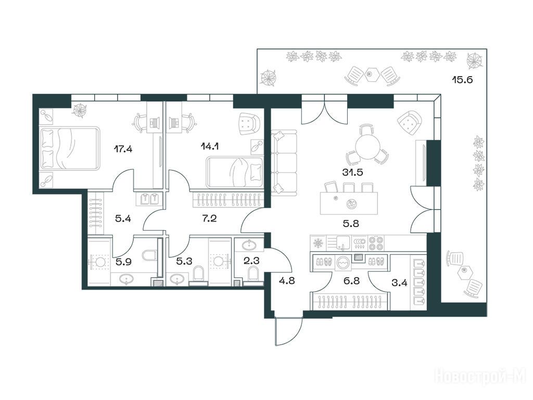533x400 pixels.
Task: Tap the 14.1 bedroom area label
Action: point(210,146)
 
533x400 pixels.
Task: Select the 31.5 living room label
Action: point(352,172)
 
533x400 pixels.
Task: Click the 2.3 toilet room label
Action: point(252,261)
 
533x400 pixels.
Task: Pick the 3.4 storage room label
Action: point(399,283)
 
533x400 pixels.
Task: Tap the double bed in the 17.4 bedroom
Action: point(70,148)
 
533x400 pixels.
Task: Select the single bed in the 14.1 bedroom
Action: point(235,172)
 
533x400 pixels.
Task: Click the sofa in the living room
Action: point(284,162)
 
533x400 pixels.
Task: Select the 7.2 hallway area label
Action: point(209,218)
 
